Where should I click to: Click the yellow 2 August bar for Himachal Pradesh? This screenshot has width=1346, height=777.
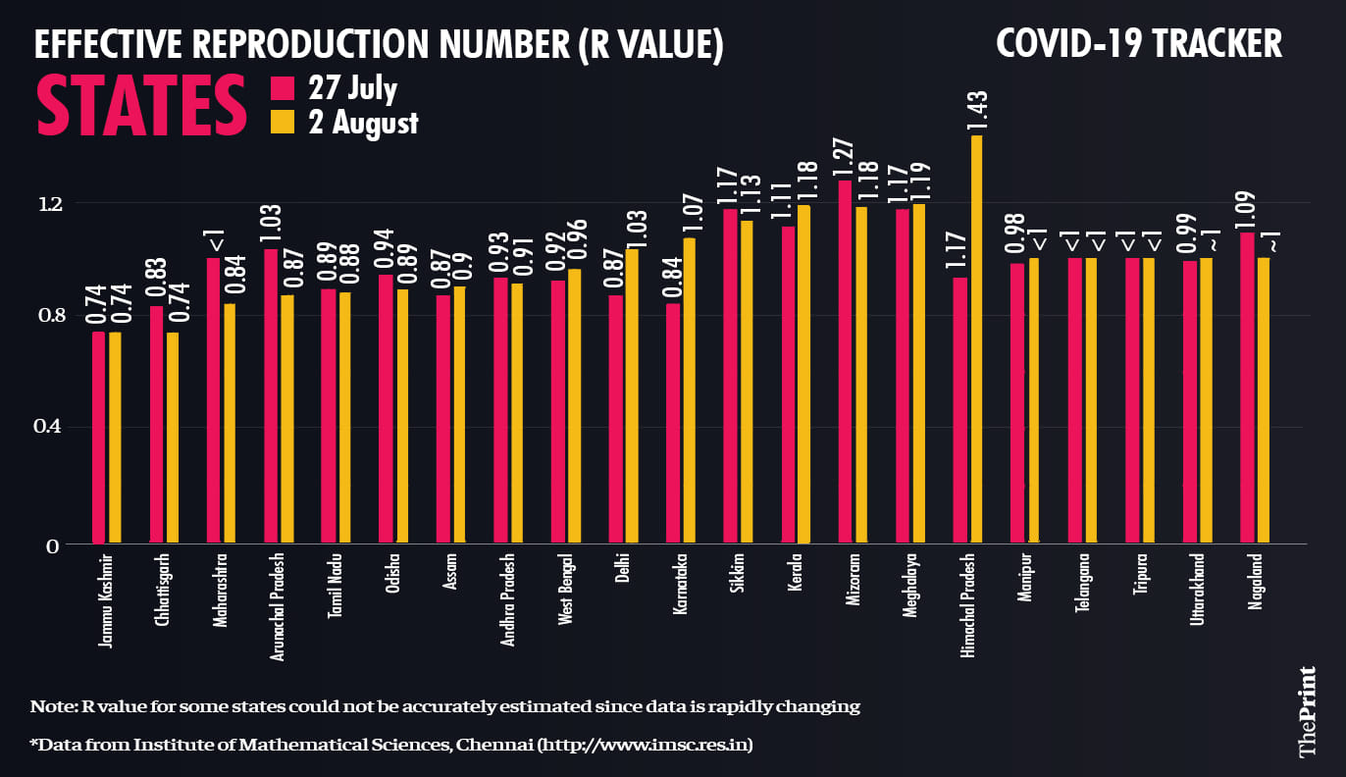[976, 338]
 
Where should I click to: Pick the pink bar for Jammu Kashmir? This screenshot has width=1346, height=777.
[98, 437]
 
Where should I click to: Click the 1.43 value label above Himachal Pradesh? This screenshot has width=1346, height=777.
[976, 111]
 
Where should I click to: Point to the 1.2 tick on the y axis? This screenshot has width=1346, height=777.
[49, 204]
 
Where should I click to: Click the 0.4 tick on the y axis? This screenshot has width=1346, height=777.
[49, 427]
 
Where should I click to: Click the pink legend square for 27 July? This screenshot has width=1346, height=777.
[283, 89]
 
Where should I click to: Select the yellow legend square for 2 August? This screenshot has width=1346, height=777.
[283, 122]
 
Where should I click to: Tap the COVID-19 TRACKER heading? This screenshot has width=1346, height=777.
[1138, 44]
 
